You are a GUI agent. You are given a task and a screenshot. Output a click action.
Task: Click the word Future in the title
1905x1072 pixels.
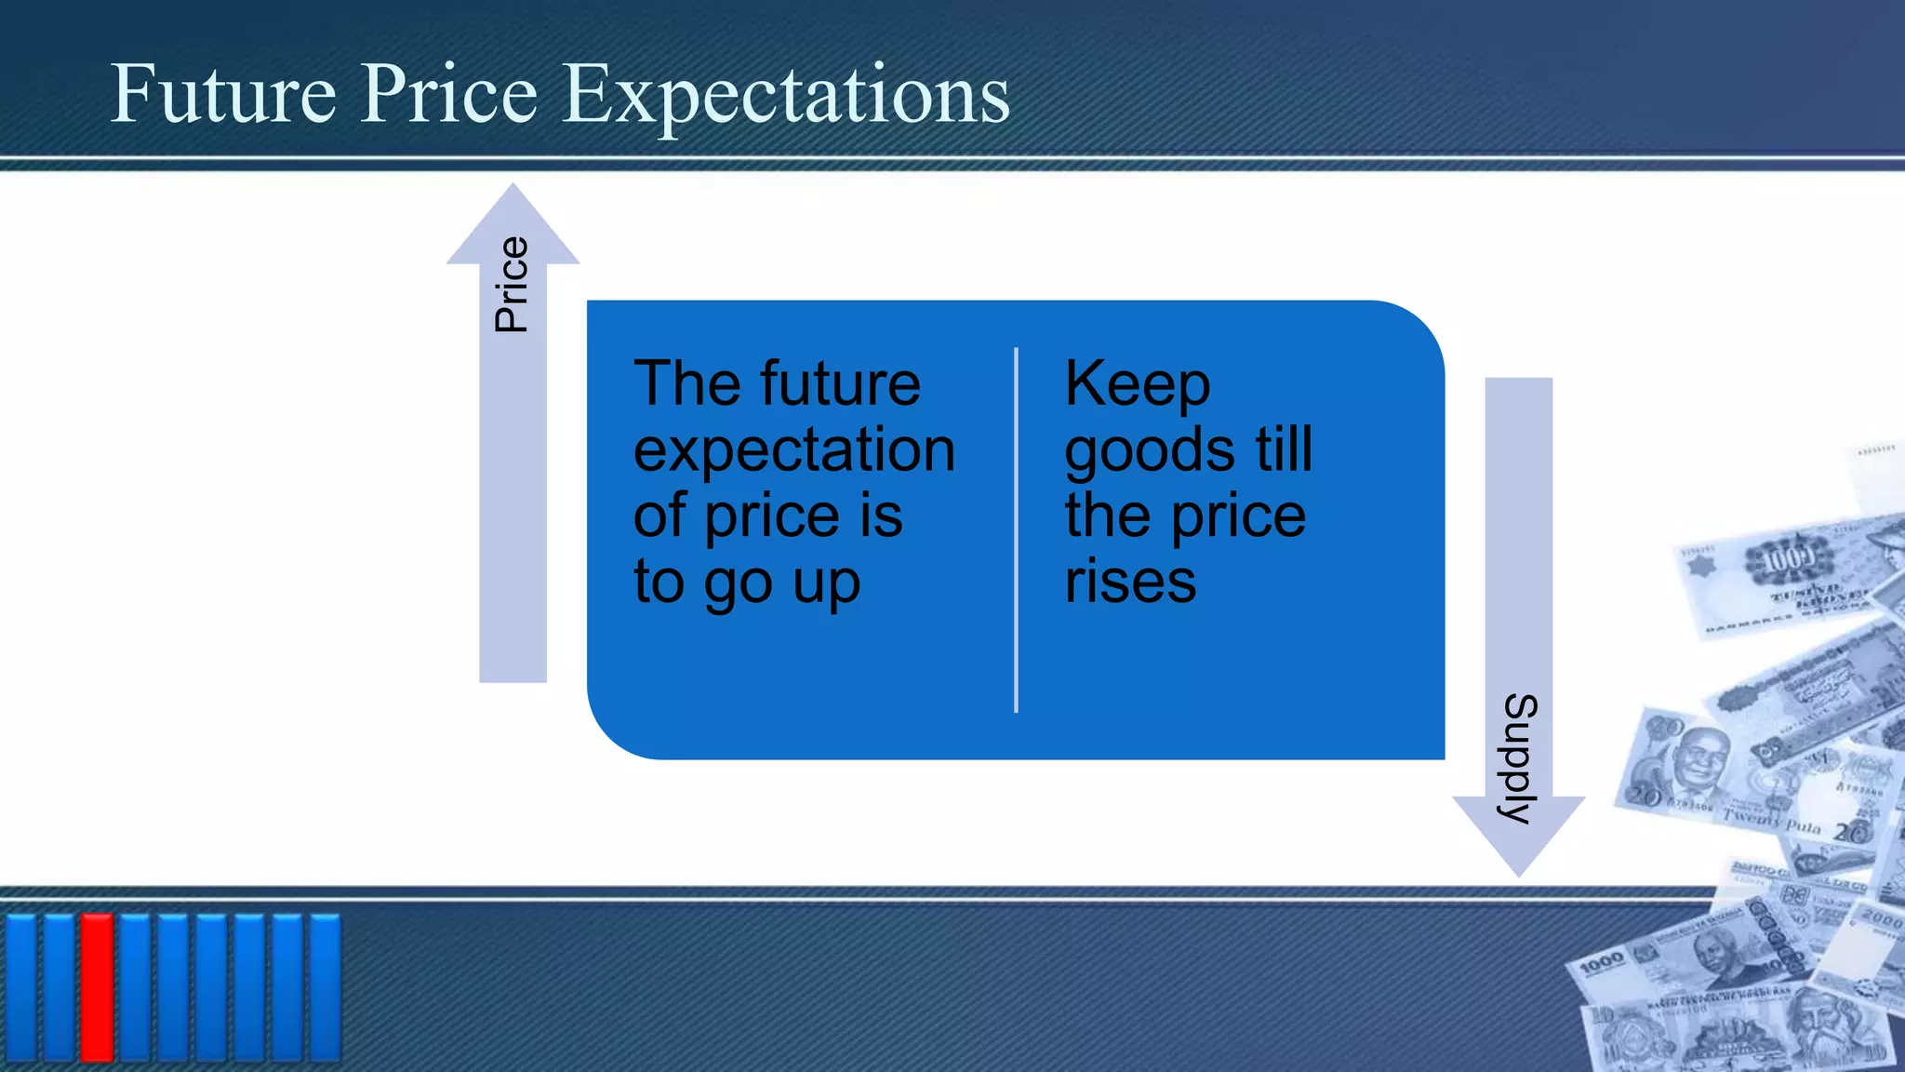(x=223, y=93)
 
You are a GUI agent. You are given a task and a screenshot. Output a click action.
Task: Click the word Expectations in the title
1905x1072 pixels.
(x=786, y=95)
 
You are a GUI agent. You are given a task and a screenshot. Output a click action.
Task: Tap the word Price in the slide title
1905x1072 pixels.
(x=449, y=93)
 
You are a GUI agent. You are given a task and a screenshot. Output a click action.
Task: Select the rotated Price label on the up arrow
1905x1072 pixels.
(x=512, y=285)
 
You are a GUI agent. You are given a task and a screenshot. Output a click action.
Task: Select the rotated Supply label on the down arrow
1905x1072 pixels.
(x=1520, y=758)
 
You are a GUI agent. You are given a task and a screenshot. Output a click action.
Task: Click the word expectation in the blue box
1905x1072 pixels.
(x=793, y=451)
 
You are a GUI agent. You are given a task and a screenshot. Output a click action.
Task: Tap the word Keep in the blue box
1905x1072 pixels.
(x=1137, y=384)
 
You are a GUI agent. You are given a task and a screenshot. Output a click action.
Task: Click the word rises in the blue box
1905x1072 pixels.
(x=1130, y=582)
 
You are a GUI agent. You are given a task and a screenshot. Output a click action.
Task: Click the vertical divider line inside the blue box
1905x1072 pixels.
(x=1016, y=530)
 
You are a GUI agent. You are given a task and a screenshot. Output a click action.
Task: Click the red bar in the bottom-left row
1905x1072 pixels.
(x=97, y=986)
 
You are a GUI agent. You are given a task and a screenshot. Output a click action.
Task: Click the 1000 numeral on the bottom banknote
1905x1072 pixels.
(x=1601, y=962)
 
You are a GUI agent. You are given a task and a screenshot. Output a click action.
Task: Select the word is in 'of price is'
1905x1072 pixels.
(x=881, y=516)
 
